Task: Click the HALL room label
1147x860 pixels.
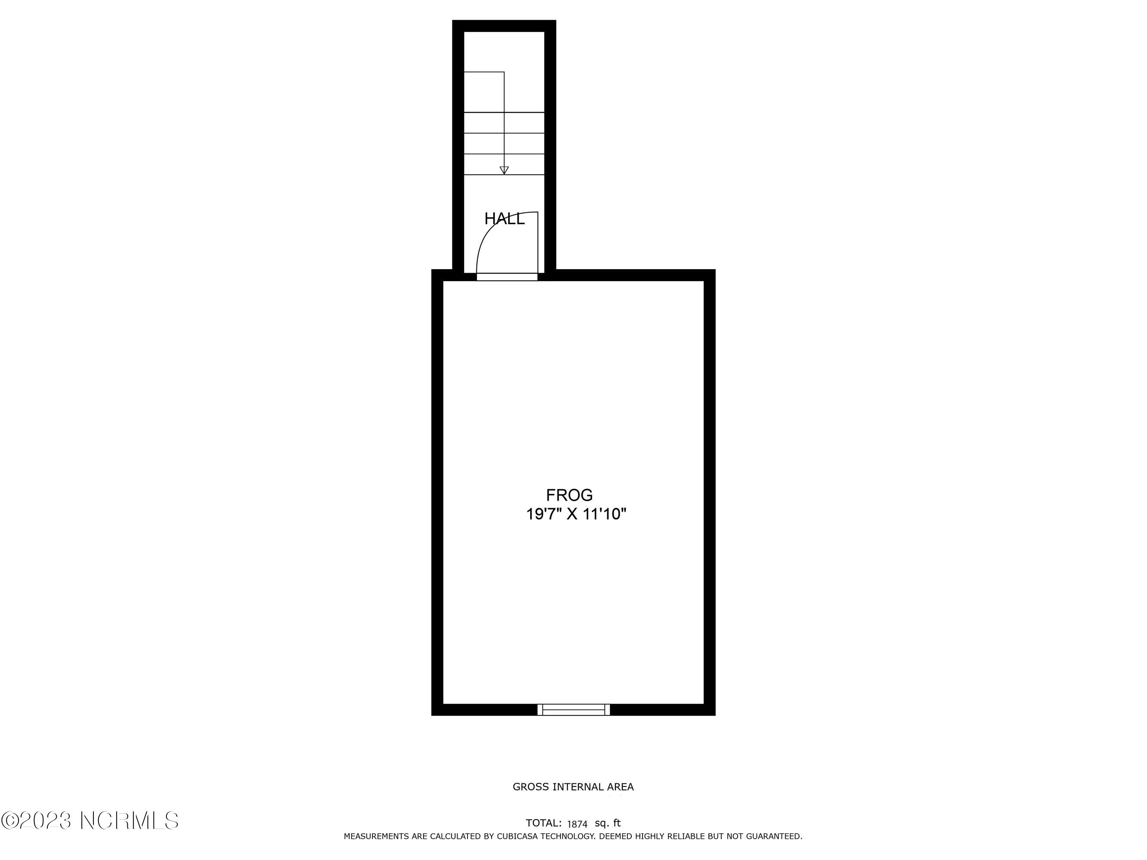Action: point(504,219)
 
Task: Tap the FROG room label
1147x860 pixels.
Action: point(569,495)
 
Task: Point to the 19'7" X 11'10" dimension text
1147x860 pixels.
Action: point(577,514)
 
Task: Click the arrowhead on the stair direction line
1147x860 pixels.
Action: point(504,170)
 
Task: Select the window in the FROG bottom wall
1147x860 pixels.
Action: point(574,709)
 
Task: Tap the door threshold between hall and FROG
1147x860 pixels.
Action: point(507,277)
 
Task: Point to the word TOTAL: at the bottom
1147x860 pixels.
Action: point(544,823)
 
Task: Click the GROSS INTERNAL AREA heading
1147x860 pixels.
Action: point(573,787)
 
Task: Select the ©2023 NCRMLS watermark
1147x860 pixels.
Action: point(90,820)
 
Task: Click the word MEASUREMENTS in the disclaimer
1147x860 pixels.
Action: point(376,836)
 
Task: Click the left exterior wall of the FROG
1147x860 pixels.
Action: point(437,492)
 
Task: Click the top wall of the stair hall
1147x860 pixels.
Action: point(504,26)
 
